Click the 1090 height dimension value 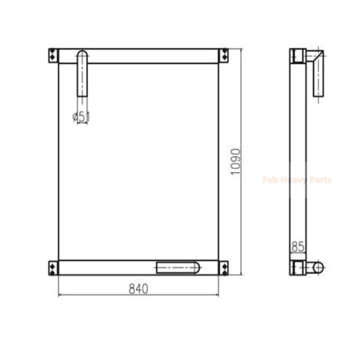(x=236, y=162)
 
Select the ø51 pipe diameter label (x=82, y=117)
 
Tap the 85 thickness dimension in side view (x=298, y=246)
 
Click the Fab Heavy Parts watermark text (x=297, y=180)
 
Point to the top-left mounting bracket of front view (x=53, y=56)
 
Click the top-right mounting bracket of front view (x=224, y=56)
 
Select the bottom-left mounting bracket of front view (x=53, y=267)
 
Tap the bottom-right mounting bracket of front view (x=224, y=267)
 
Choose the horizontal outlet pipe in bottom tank (x=177, y=267)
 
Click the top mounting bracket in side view (x=297, y=56)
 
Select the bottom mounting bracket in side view (x=297, y=267)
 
